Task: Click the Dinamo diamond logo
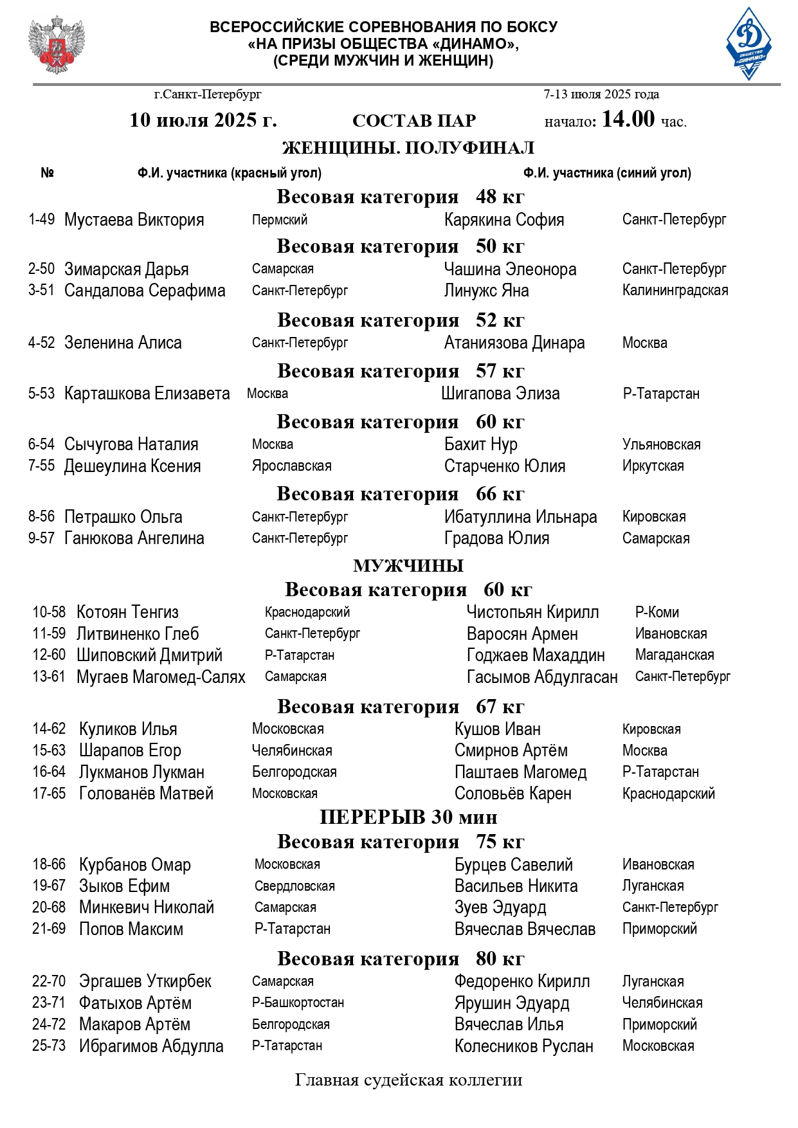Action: coord(748,44)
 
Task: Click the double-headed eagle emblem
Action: coord(56,45)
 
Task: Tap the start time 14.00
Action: coord(628,119)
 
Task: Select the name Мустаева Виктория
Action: coord(134,220)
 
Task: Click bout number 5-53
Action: coord(41,394)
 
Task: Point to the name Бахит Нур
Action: coord(480,444)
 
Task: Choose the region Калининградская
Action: coord(675,291)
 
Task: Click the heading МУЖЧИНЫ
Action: coord(408,566)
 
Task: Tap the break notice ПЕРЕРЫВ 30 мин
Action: coord(408,817)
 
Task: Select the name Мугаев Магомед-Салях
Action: coord(161,677)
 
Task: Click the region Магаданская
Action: coord(674,655)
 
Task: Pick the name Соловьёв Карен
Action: coord(512,794)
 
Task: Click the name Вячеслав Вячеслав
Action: coord(525,929)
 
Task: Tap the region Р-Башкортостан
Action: coord(298,1003)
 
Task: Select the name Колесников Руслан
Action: coord(523,1046)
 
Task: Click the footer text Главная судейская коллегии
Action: coord(408,1080)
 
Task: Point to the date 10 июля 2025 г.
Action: coord(203,120)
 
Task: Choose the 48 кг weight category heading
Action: coord(400,197)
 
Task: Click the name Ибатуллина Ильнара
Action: coord(520,517)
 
